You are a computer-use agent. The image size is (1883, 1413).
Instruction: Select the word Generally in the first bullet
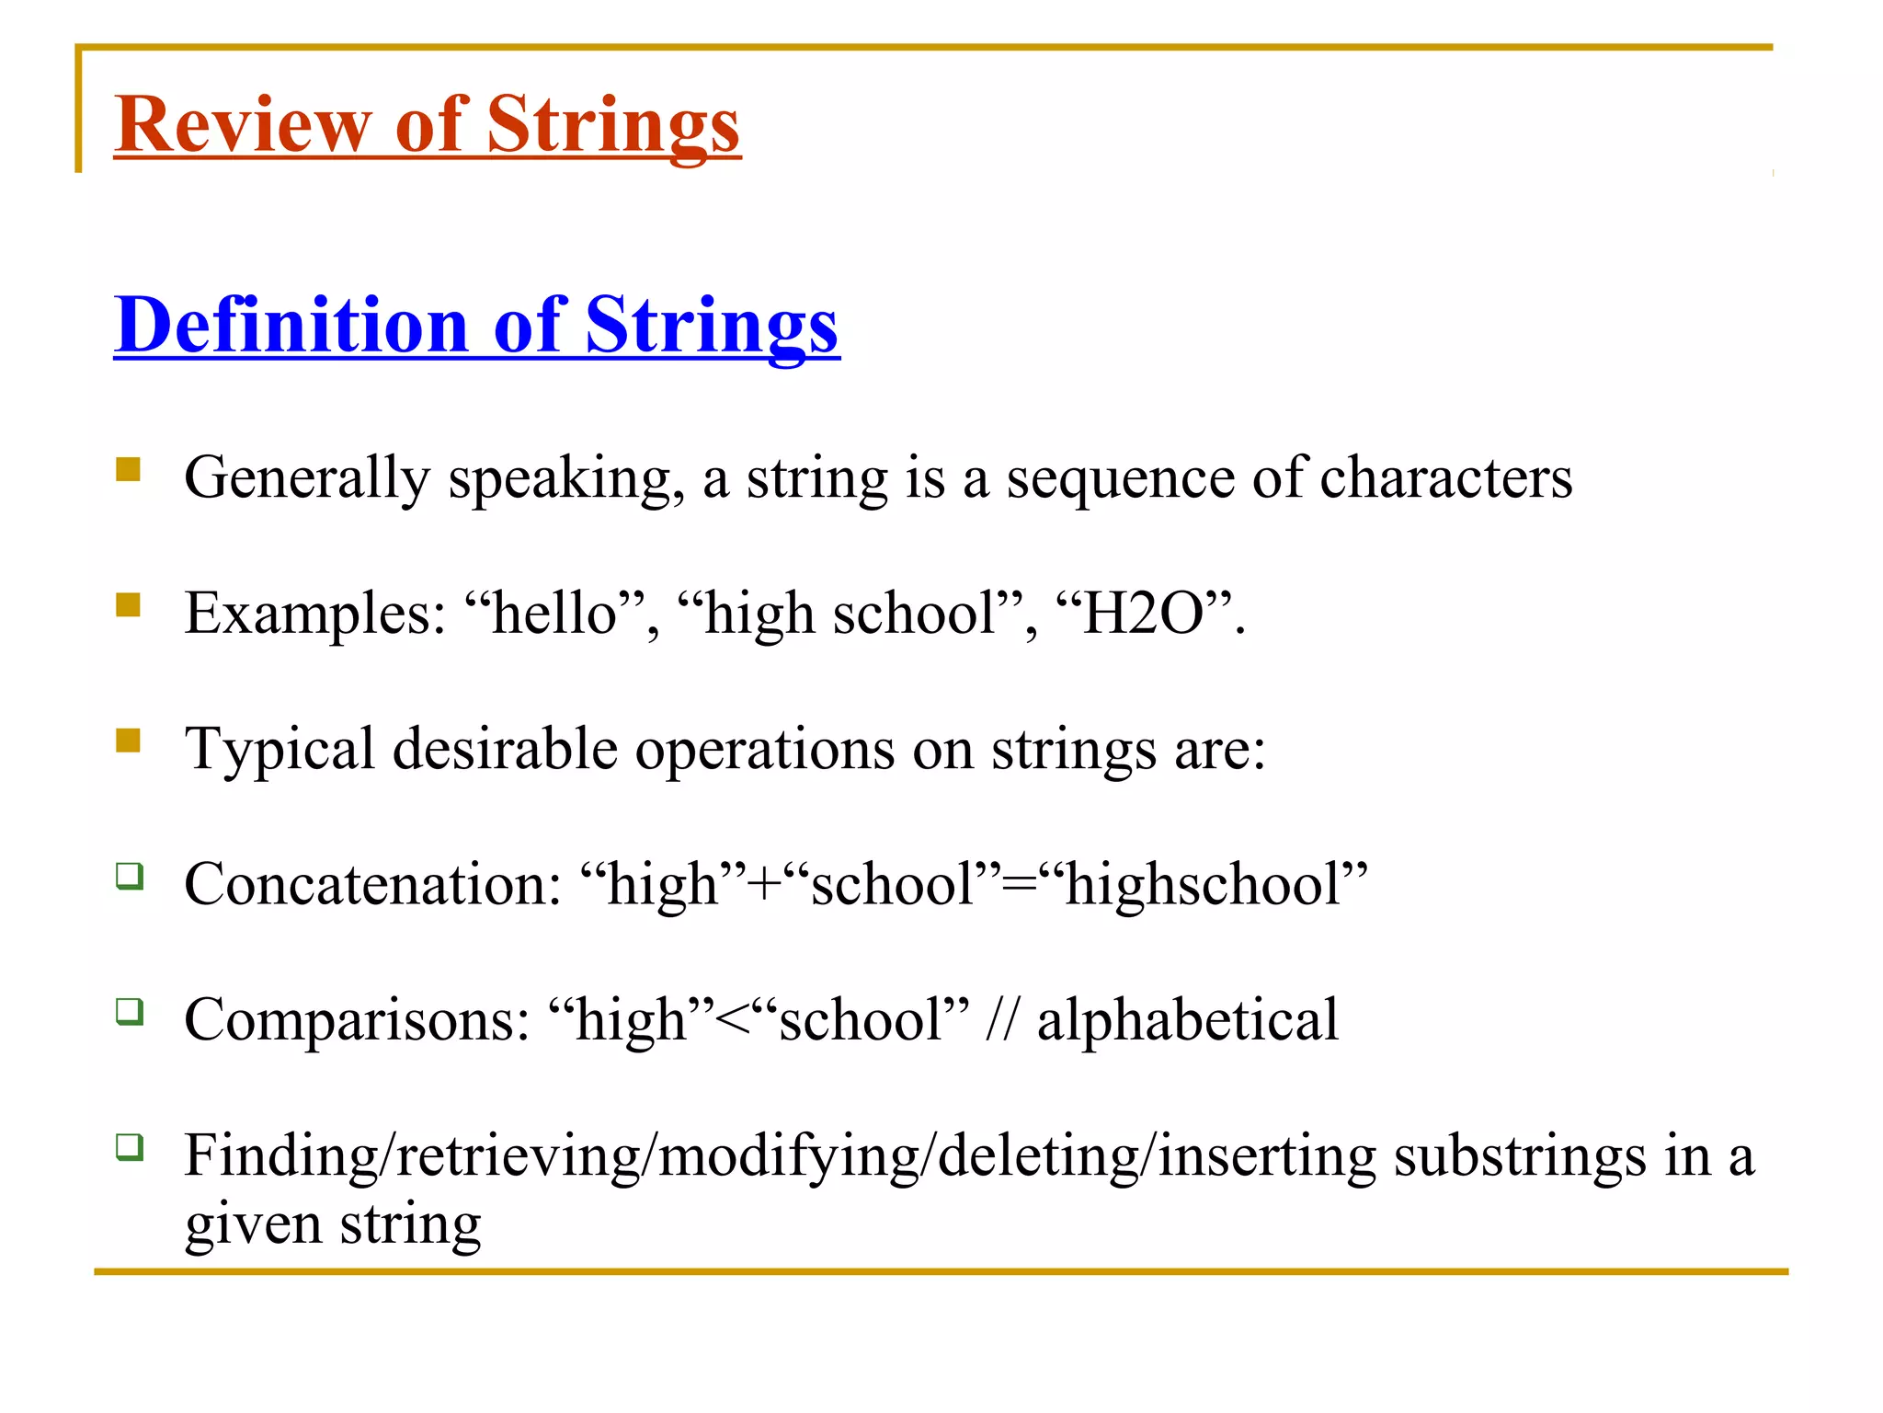tap(307, 478)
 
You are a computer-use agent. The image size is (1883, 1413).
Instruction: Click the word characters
tap(1445, 478)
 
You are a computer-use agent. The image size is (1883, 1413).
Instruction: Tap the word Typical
tap(279, 749)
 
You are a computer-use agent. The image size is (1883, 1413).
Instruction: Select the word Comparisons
tap(357, 1019)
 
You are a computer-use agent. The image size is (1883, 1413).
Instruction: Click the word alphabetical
tap(1187, 1019)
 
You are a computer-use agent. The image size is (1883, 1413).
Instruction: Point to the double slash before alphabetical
tap(1001, 1019)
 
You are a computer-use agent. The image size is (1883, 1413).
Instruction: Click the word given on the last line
tap(252, 1224)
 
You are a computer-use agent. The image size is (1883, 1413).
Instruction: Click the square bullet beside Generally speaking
tap(129, 470)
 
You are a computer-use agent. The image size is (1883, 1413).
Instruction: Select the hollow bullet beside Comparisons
tap(130, 1012)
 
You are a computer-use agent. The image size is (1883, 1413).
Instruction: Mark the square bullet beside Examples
tap(129, 605)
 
